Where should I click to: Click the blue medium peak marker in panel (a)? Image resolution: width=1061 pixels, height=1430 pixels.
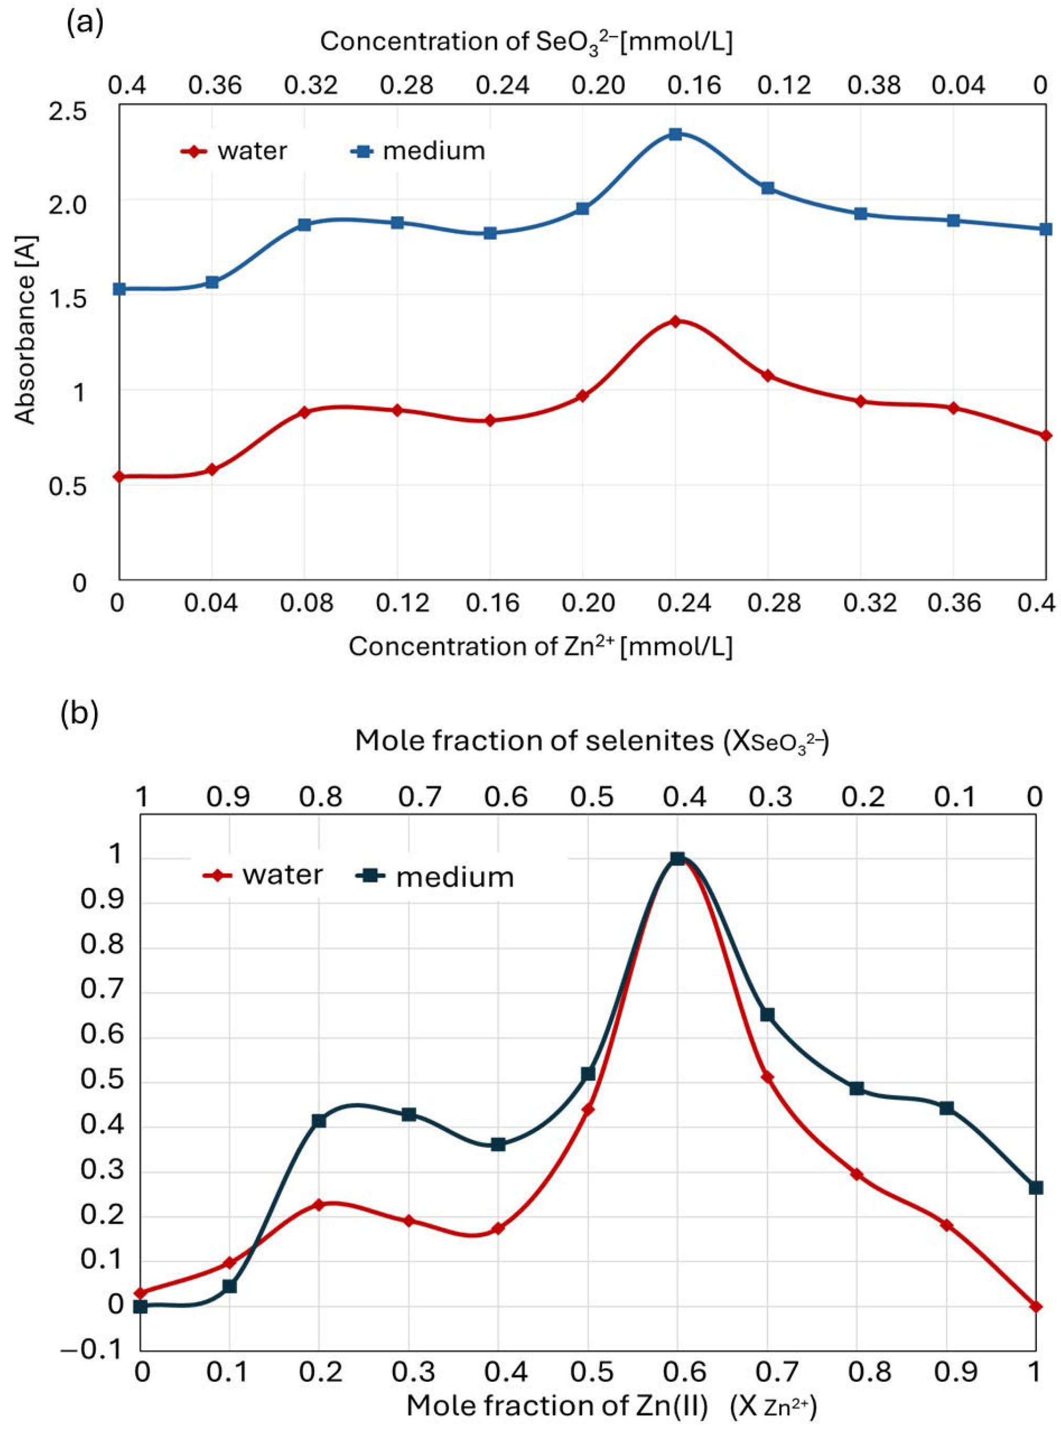coord(675,134)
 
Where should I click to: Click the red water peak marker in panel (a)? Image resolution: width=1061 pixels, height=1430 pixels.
coord(675,321)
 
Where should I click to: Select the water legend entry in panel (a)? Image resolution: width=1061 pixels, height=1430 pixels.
coord(235,151)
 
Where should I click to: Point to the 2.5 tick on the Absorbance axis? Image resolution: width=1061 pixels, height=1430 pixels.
coord(68,111)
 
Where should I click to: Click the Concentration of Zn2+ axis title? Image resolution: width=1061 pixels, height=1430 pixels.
coord(540,646)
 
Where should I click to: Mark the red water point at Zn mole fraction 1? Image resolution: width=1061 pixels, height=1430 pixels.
coord(1035,1306)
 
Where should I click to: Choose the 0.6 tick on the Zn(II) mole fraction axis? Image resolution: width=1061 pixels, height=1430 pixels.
coord(677,1372)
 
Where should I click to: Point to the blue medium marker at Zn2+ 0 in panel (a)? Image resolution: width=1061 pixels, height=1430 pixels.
coord(119,289)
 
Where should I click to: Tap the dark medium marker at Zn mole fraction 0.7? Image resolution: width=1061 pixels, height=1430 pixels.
coord(767,1015)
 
